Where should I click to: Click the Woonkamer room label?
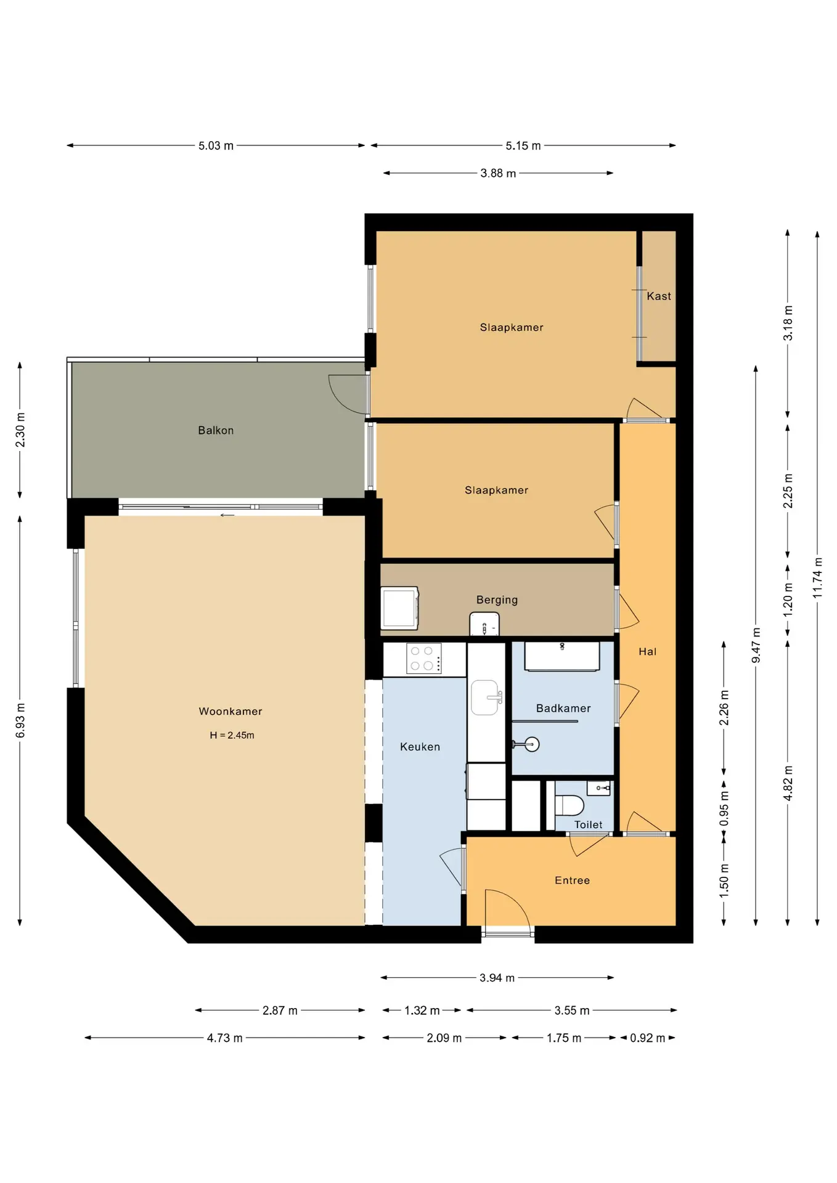tap(231, 711)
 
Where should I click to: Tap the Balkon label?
tap(216, 430)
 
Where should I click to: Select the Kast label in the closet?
tap(659, 296)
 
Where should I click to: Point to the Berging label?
tap(497, 600)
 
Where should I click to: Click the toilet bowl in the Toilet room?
tap(569, 805)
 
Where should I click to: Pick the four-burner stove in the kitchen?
tap(423, 658)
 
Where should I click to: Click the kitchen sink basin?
tap(485, 697)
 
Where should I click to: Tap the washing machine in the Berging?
tap(399, 608)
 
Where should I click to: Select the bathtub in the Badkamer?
tap(562, 656)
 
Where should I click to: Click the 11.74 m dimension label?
tap(817, 577)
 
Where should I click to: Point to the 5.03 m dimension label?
tap(216, 146)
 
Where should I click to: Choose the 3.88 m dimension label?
tap(498, 173)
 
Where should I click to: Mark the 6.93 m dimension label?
tap(20, 720)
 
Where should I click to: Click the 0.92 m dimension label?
tap(647, 1038)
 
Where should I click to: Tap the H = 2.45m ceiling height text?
tap(232, 735)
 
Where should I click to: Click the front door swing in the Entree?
tap(507, 908)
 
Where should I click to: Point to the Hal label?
tap(647, 651)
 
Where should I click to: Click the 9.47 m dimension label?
tap(756, 645)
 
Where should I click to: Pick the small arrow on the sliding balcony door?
tap(227, 515)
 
